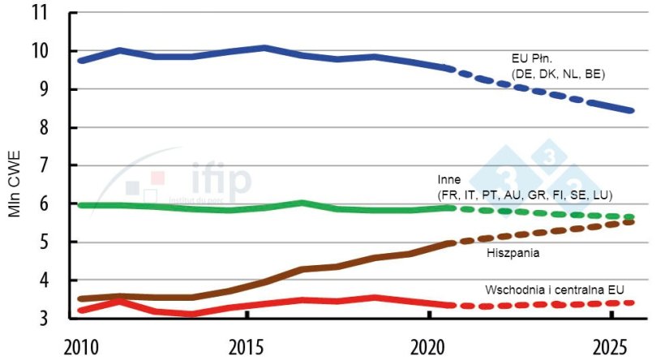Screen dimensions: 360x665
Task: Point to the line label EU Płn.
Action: pyautogui.click(x=532, y=59)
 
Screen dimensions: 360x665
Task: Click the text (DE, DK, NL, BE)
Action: pyautogui.click(x=558, y=75)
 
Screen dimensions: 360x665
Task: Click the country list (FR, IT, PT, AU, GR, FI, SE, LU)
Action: pyautogui.click(x=524, y=195)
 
